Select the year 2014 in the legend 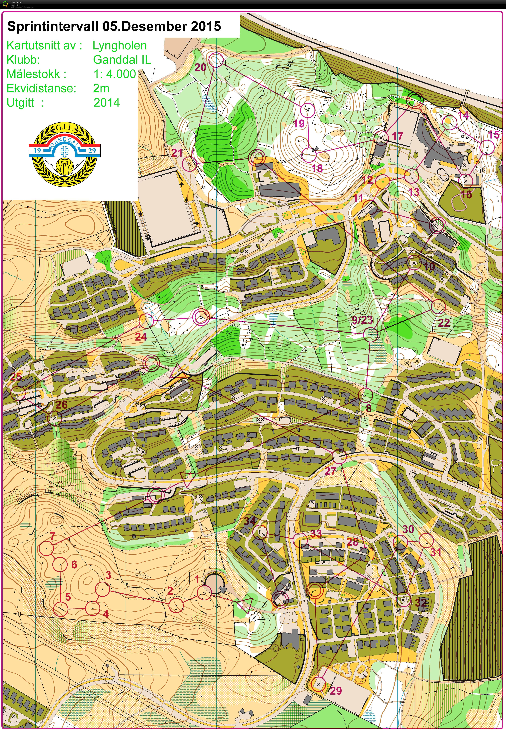pyautogui.click(x=107, y=102)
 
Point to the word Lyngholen pyautogui.click(x=120, y=45)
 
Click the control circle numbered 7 pyautogui.click(x=47, y=548)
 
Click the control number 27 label pyautogui.click(x=330, y=471)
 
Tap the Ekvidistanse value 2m pyautogui.click(x=101, y=88)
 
